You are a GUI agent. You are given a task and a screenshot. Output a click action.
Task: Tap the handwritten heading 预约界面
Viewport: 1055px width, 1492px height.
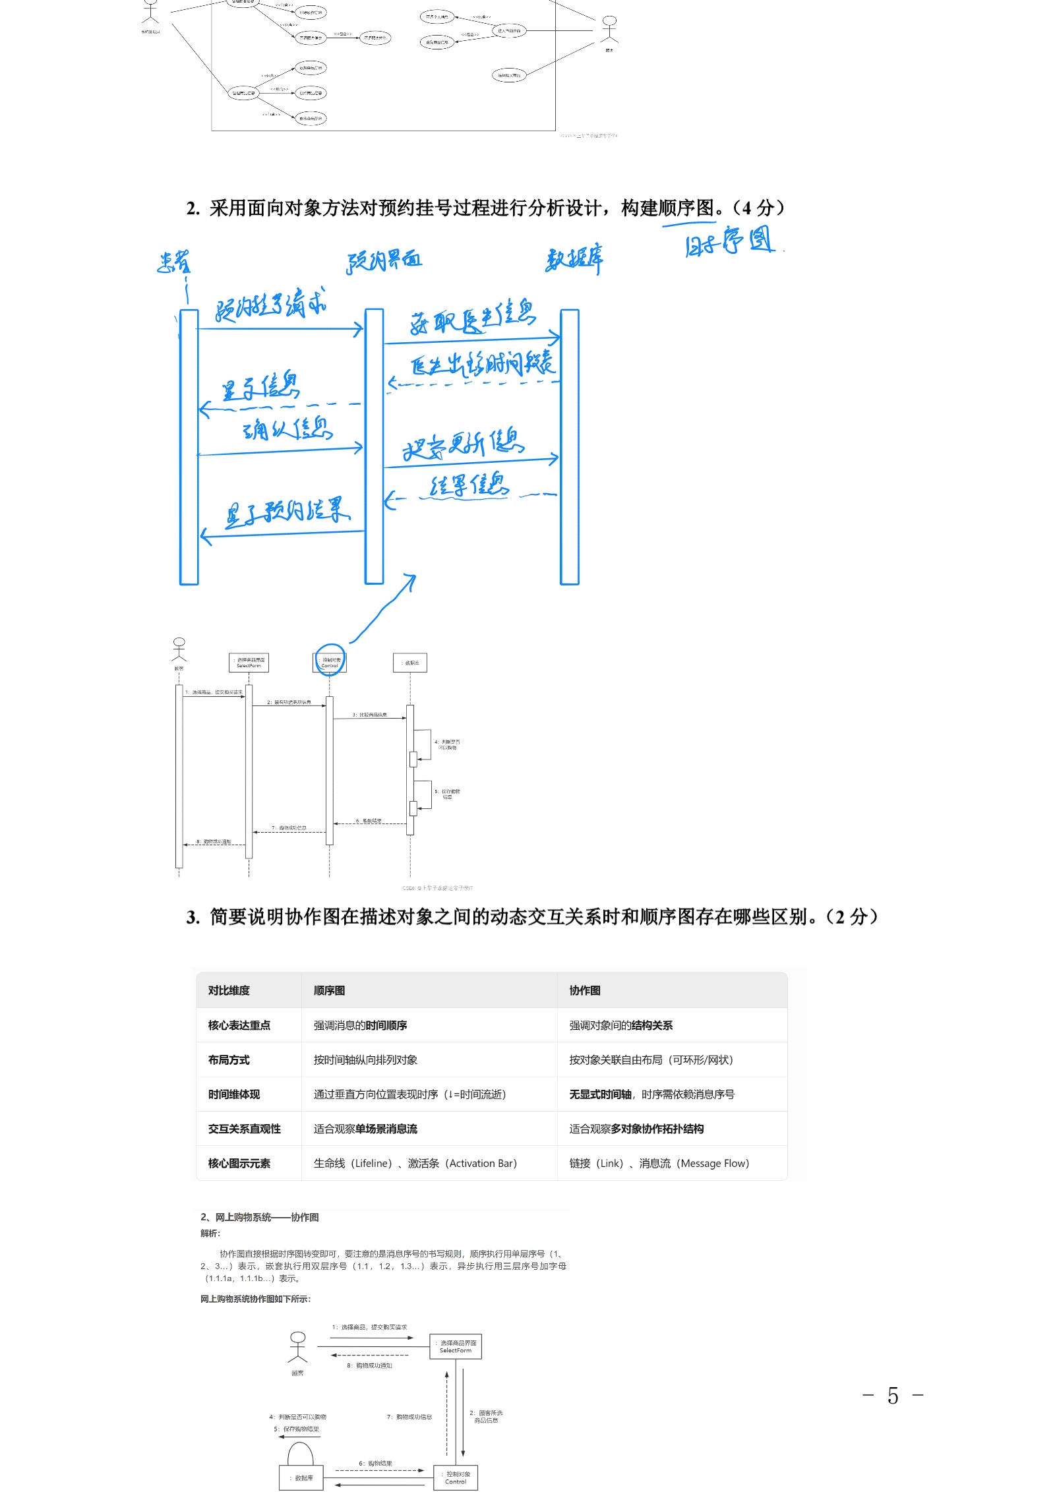(384, 261)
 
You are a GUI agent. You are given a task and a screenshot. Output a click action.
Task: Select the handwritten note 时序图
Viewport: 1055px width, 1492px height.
(729, 241)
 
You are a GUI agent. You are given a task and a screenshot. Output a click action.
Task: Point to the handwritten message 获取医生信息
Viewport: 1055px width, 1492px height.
(473, 318)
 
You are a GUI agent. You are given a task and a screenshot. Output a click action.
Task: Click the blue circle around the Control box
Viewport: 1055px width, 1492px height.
(330, 660)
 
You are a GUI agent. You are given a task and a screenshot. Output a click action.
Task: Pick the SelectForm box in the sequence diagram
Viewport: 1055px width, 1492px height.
(249, 663)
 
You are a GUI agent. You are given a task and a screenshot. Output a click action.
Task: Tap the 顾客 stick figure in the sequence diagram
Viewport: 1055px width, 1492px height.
(179, 649)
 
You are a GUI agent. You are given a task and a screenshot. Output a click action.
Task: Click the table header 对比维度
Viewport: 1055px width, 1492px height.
(229, 990)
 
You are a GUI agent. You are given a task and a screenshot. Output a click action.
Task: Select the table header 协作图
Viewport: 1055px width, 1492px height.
(585, 990)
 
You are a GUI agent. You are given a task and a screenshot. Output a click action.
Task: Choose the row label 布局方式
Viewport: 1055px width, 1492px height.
(229, 1060)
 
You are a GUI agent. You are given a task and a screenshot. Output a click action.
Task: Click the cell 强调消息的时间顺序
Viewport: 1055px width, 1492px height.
(360, 1025)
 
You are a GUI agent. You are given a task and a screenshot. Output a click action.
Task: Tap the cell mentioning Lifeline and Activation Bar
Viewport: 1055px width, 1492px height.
(415, 1164)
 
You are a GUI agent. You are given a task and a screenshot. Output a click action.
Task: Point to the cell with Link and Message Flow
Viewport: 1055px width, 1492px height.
(659, 1164)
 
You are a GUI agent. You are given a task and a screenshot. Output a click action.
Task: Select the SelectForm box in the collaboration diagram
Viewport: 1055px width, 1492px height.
(456, 1346)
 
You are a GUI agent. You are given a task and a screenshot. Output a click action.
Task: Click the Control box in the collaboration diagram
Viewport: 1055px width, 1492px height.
(456, 1477)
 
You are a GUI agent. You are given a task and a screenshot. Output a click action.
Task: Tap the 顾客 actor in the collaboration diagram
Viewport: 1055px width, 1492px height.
(298, 1347)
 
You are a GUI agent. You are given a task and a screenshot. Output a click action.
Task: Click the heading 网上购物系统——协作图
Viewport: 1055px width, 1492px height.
(260, 1217)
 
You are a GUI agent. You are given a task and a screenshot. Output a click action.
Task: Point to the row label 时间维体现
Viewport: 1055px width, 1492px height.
(234, 1094)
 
